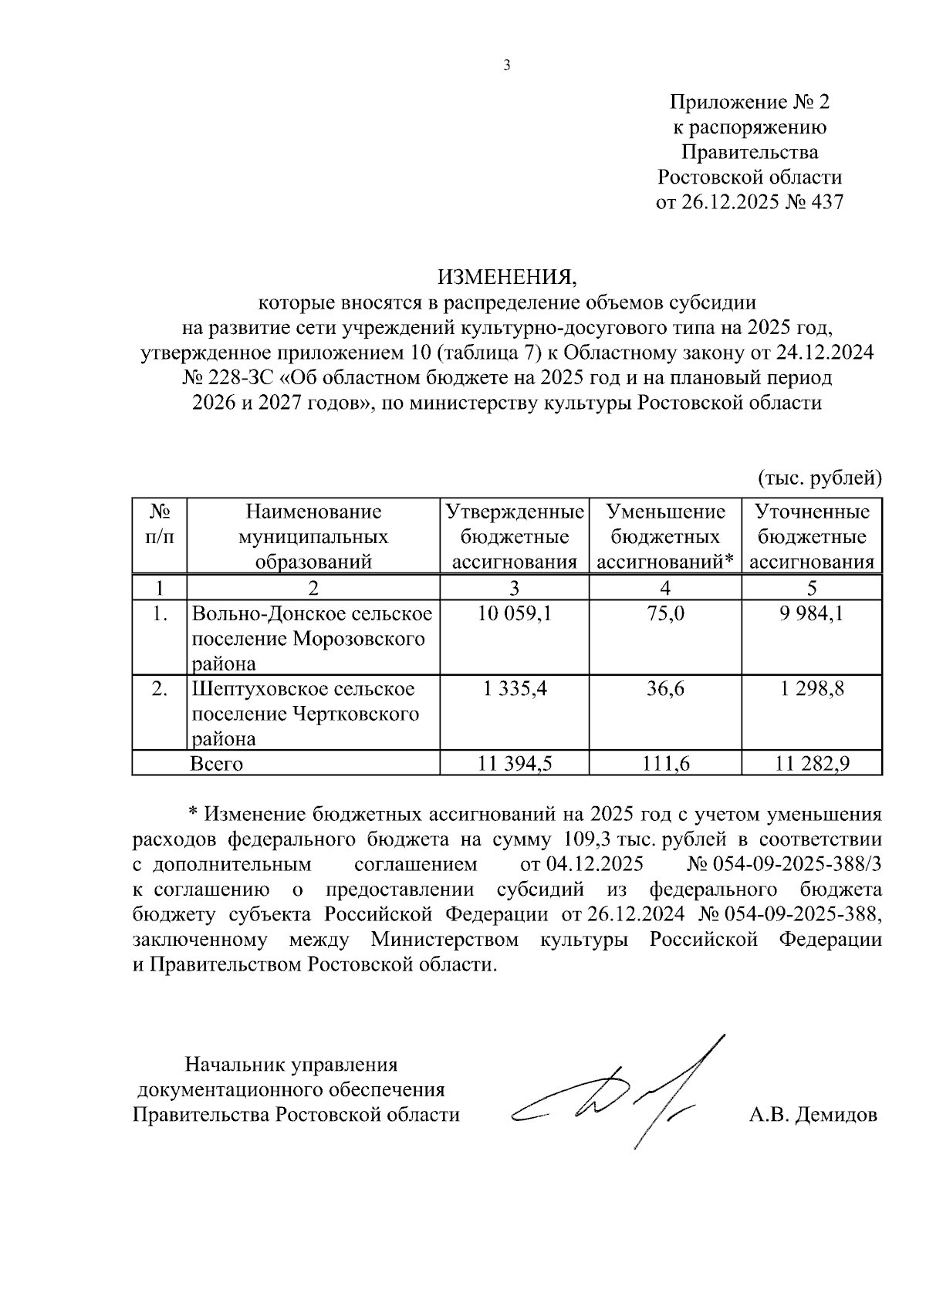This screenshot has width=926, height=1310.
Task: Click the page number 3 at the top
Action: pos(507,66)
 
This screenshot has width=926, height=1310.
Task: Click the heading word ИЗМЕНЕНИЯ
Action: pos(507,276)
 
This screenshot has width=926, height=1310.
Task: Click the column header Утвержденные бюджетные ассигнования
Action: pos(514,537)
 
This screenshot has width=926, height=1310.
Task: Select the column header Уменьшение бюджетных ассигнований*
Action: pos(665,537)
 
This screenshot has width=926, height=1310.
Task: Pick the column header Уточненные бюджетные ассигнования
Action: pos(812,537)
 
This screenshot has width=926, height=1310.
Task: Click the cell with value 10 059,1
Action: pos(514,614)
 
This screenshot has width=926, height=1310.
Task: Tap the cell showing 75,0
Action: pos(665,614)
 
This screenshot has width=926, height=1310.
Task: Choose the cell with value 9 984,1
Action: pos(812,614)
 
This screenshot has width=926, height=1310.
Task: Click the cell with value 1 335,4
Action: pos(514,688)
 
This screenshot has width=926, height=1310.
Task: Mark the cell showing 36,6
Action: pos(665,688)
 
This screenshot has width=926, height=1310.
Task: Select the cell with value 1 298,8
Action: pos(812,688)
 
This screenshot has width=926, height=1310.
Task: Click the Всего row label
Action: pos(217,764)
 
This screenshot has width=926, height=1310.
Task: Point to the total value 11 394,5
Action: pos(514,764)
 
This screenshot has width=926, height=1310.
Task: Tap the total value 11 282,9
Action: pos(812,764)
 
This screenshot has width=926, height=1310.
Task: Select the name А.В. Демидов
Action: pos(813,1115)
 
